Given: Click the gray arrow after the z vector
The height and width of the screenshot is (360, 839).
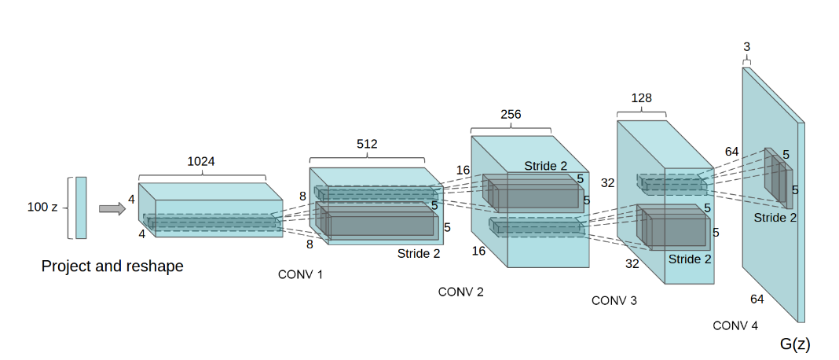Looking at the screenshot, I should point(112,208).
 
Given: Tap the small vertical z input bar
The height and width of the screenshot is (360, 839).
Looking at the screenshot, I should point(81,208).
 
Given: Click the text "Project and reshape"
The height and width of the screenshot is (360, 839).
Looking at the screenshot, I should point(112,266).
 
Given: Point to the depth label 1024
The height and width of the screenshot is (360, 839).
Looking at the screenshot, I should point(201,162).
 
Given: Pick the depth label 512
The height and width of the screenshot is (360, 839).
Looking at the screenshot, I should point(367,144).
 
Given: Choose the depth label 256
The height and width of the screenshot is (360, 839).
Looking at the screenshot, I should point(511,114).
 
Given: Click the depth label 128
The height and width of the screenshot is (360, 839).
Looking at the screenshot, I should point(642,98).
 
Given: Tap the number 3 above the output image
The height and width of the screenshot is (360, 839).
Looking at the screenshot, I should point(746,48).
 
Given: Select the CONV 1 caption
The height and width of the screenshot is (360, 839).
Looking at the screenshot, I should point(300,275).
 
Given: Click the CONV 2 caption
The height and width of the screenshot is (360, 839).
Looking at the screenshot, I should point(460,292).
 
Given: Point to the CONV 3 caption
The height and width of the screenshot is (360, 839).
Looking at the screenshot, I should point(614,300).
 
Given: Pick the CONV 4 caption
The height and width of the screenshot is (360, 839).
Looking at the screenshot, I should point(735,325).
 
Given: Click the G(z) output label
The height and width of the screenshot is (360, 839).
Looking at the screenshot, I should point(795,344).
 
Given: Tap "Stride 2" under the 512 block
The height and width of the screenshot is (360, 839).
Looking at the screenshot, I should point(419,253).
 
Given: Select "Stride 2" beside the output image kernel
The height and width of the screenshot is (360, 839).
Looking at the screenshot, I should point(775,218).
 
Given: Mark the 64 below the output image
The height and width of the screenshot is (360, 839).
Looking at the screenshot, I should point(757,299).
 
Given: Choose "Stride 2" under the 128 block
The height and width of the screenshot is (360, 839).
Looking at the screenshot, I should point(690,259).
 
